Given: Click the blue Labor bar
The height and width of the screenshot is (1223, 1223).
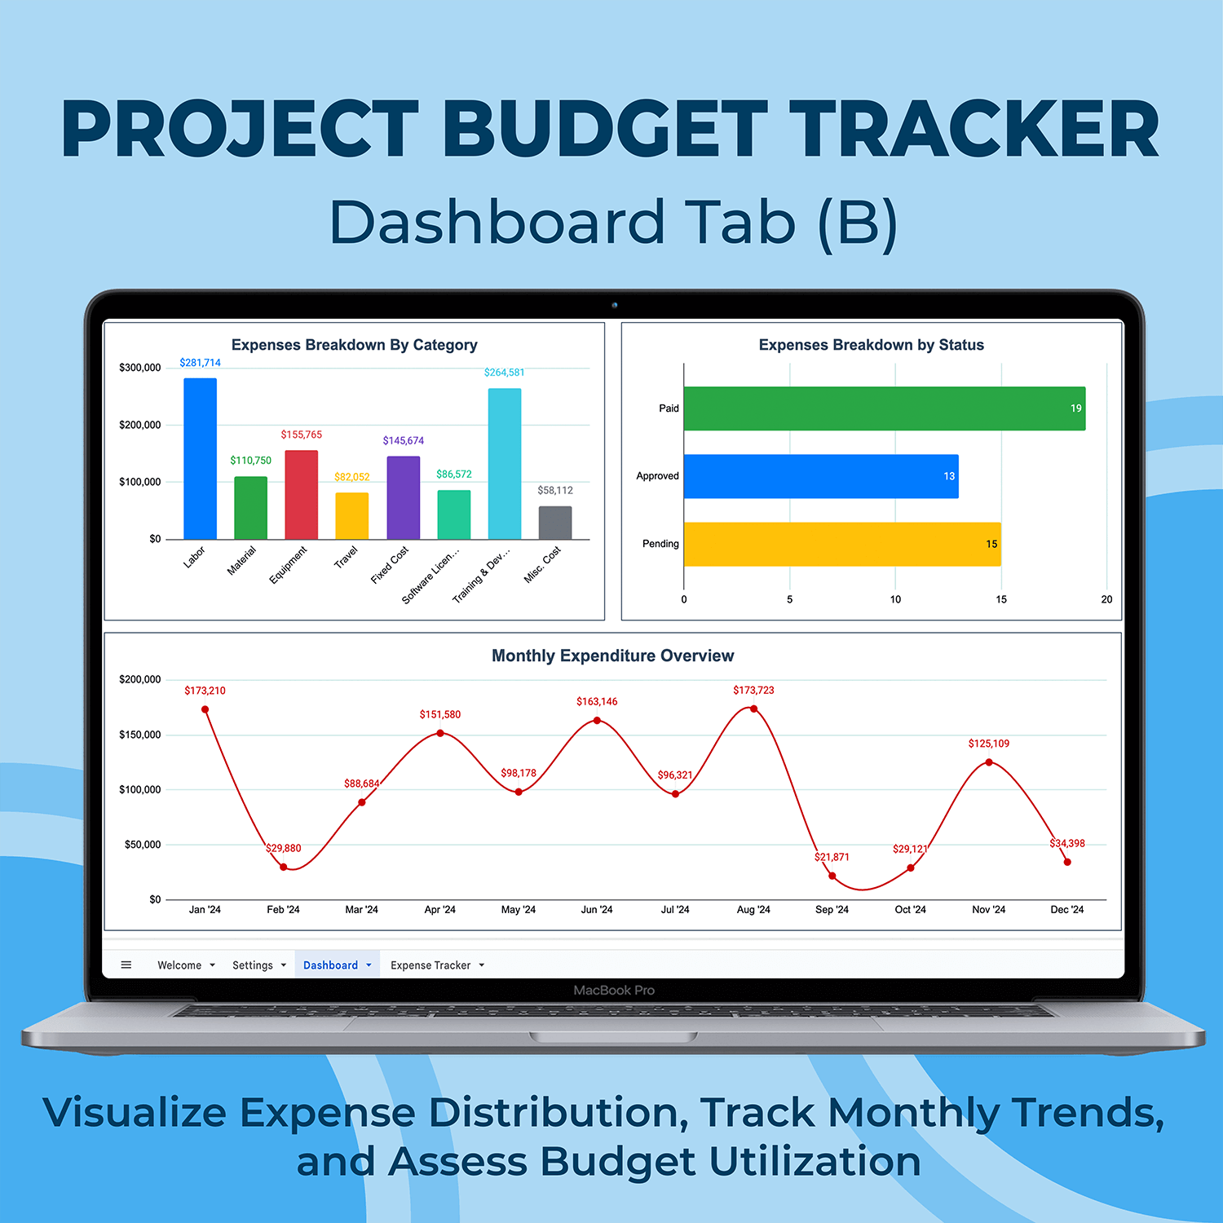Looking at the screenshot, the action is point(200,458).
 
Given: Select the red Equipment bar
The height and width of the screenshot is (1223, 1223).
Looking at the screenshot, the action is point(301,495).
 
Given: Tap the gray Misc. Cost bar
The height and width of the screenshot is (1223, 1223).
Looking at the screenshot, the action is point(555,523).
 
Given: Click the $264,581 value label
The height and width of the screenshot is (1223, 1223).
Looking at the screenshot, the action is point(504,373).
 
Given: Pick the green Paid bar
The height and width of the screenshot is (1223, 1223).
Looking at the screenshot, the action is point(885,408).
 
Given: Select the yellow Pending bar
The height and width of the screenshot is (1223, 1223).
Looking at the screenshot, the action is point(842,544).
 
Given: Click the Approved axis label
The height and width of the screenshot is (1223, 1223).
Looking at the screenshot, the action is point(657,476).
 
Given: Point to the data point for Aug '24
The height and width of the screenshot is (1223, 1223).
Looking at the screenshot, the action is point(753,709).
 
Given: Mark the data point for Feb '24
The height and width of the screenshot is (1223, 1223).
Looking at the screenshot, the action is point(284,867).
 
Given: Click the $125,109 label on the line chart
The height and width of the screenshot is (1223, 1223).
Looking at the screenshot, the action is point(989,744).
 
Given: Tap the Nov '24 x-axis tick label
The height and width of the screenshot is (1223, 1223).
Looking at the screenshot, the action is point(989,910).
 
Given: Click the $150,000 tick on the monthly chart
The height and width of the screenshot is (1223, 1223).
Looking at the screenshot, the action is point(140,735).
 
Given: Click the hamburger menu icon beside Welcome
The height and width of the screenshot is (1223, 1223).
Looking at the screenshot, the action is point(126,965).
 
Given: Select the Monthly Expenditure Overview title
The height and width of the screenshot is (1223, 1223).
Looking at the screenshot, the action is point(613,656).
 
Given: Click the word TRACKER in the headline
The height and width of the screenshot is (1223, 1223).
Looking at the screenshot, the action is point(974,129).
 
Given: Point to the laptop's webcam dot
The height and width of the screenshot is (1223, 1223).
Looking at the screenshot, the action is point(615,306).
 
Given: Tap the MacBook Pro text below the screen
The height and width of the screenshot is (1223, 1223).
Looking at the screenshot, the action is point(614,991).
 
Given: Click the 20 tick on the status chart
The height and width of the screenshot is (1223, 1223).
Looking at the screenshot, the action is point(1106,599).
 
